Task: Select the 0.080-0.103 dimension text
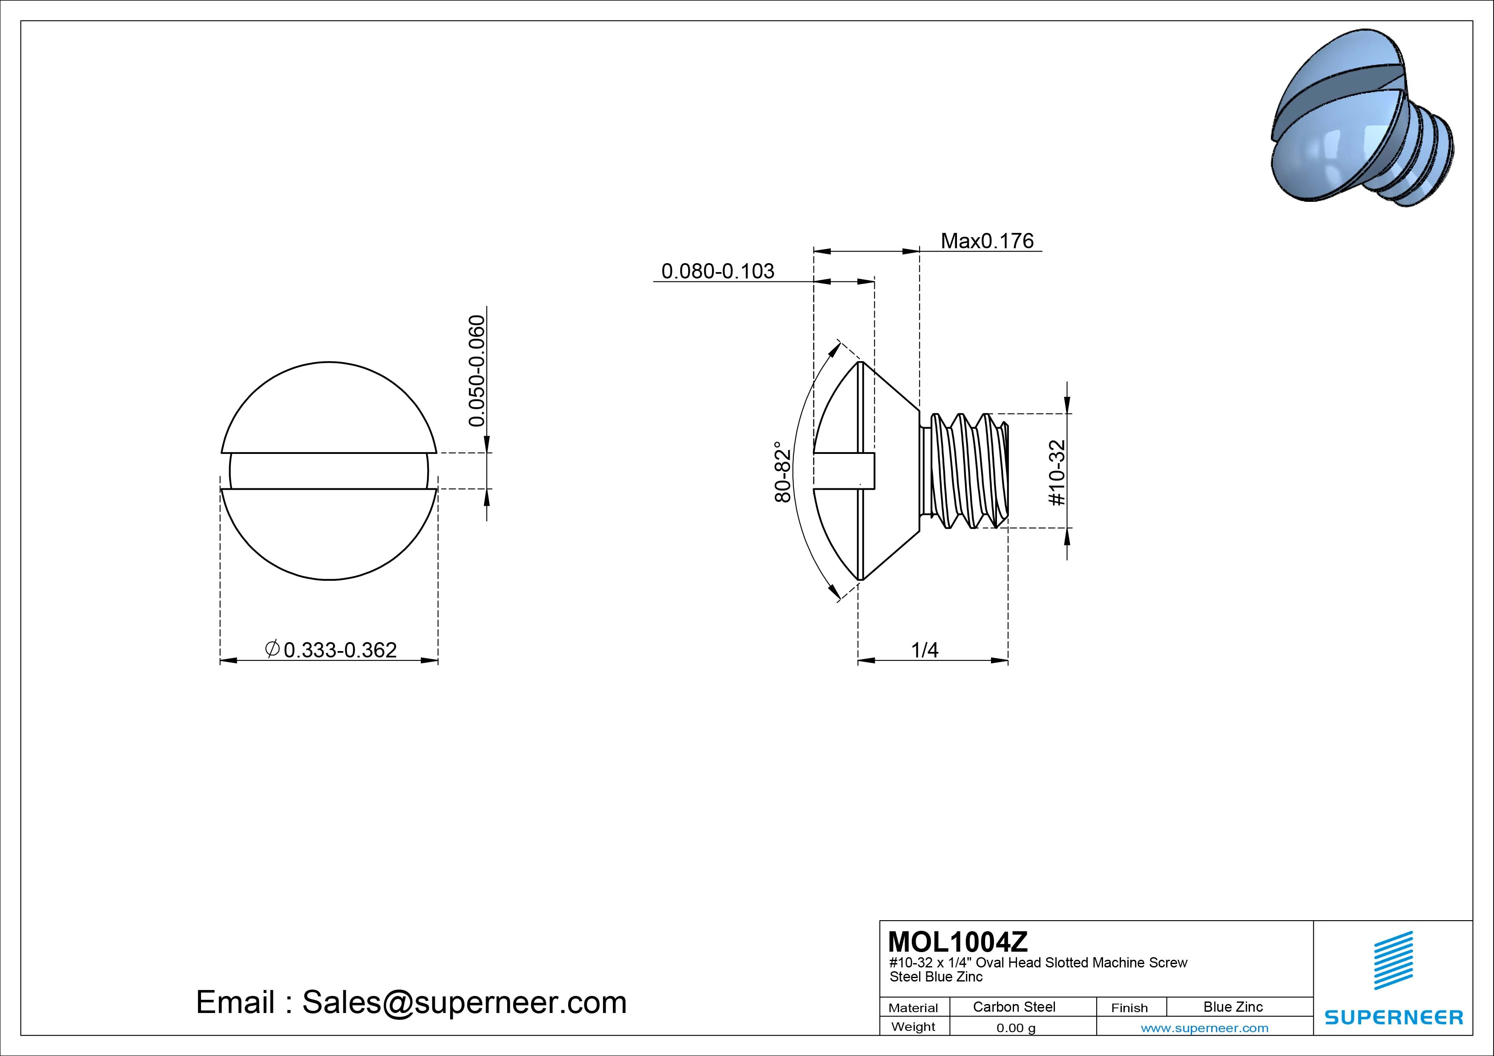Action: click(718, 271)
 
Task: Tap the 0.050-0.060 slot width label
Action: click(477, 371)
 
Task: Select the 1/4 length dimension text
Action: click(924, 650)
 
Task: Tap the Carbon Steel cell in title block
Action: click(1014, 1007)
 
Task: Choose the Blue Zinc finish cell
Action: click(1233, 1007)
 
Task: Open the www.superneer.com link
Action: click(1204, 1028)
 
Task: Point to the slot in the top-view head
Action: click(329, 471)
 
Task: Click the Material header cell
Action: click(913, 1008)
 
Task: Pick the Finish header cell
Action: click(1129, 1008)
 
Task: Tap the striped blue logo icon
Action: click(1393, 960)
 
